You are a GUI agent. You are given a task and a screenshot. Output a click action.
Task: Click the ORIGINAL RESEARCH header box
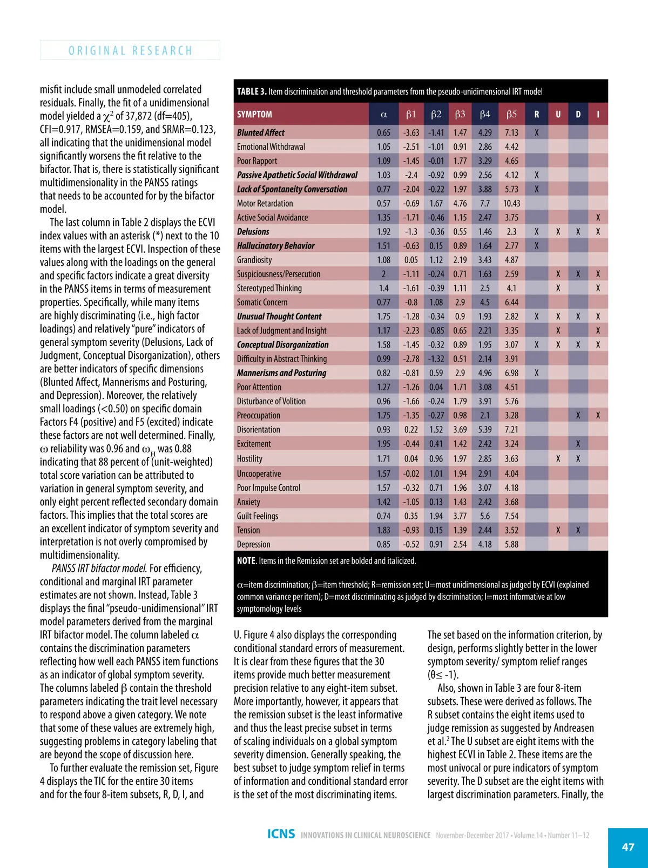130,50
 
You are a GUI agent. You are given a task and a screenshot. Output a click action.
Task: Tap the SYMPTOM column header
254,115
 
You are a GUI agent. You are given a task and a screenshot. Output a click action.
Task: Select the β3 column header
460,115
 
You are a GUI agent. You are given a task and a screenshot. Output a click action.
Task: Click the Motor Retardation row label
265,203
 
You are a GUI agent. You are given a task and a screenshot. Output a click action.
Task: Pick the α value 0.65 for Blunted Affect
383,132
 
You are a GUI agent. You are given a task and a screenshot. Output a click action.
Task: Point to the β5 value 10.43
511,203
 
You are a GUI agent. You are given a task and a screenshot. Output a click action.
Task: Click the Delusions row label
253,232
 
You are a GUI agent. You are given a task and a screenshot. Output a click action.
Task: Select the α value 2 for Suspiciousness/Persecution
383,274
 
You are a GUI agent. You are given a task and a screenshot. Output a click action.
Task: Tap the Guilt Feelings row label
258,516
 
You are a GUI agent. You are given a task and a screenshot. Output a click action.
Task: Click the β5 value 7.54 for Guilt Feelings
511,516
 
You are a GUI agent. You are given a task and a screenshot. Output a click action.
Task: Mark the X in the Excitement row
578,444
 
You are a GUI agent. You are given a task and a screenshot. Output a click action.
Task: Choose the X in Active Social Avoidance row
598,218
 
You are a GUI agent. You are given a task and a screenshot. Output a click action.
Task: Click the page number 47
628,847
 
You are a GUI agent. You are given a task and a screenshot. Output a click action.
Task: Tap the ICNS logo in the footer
281,834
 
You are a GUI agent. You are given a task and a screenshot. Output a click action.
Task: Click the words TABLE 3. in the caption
252,91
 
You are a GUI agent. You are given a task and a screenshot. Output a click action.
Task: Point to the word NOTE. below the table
247,561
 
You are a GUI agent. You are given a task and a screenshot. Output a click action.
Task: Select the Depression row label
253,544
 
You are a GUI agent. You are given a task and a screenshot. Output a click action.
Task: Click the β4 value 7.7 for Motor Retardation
485,203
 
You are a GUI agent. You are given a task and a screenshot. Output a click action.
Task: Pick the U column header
558,115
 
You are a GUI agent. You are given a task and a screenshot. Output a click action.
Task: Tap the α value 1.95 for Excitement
383,444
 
